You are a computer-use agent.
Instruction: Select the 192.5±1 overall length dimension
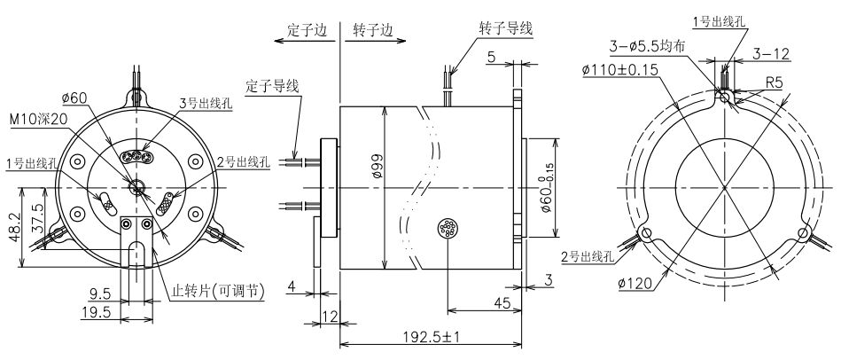434,337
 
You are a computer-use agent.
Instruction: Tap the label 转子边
372,28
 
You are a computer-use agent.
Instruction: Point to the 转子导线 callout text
505,27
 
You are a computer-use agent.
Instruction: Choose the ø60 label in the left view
74,98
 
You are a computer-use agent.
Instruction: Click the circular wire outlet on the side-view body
448,230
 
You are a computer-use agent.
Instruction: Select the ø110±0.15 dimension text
626,71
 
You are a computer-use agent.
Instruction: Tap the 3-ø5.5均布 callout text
647,46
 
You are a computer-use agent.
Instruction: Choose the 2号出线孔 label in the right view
587,256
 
